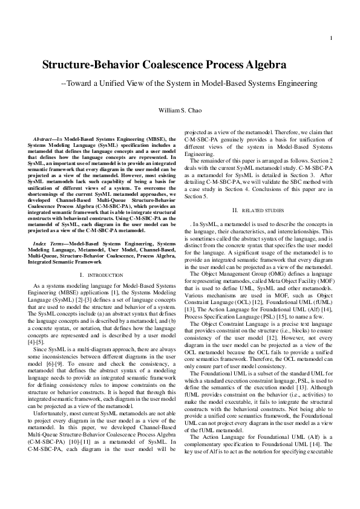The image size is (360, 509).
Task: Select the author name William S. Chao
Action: click(x=180, y=112)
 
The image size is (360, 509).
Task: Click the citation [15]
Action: click(x=289, y=316)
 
